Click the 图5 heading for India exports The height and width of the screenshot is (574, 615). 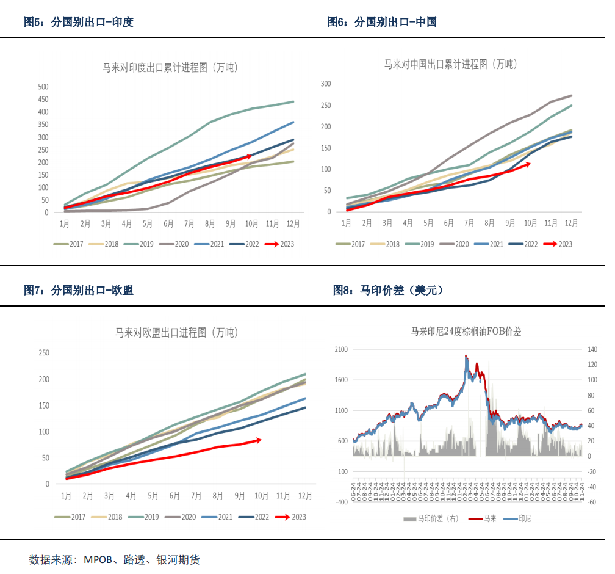pyautogui.click(x=78, y=23)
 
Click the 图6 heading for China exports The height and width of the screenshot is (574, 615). pyautogui.click(x=382, y=23)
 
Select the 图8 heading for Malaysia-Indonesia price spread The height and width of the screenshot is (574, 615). pyautogui.click(x=388, y=291)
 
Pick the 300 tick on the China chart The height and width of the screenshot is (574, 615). pyautogui.click(x=326, y=84)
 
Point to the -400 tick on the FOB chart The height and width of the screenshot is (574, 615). pyautogui.click(x=340, y=502)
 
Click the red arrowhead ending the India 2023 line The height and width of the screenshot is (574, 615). pyautogui.click(x=249, y=156)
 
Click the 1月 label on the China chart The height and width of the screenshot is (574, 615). pyautogui.click(x=346, y=223)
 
